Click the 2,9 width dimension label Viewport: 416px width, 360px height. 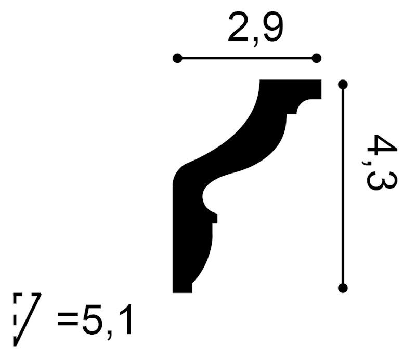coord(256,30)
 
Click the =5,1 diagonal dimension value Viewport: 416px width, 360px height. coord(95,323)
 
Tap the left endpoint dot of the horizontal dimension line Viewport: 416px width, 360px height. coord(177,58)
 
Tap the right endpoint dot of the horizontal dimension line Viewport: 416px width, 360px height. coord(316,58)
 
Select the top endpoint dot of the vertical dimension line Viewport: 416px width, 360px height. coord(343,85)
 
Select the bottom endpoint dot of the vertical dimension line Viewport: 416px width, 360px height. coord(343,288)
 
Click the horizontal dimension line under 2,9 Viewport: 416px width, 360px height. coord(246,58)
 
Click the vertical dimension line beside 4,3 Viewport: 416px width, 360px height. coord(343,186)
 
